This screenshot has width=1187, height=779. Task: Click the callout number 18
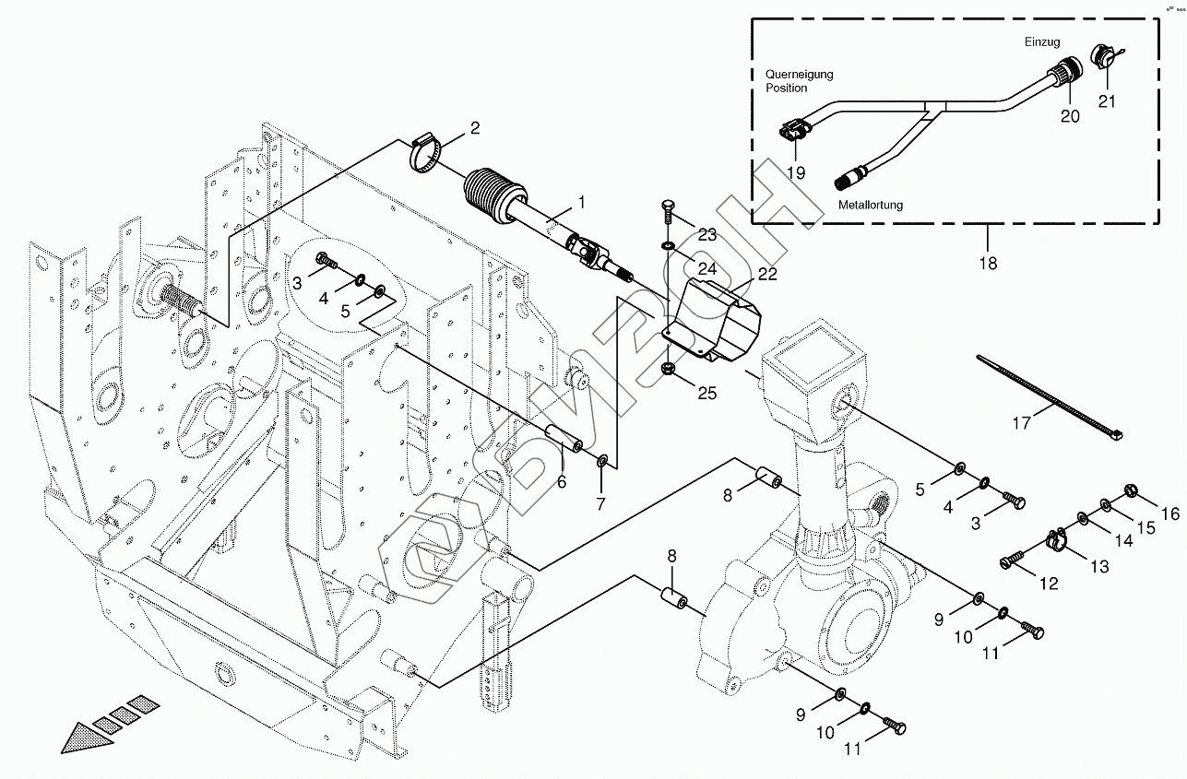988,263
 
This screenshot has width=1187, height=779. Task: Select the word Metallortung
872,205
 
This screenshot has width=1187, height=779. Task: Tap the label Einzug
1042,42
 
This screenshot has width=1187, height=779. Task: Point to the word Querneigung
800,74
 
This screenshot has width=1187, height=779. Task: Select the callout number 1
581,200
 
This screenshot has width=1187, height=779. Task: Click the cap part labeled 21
1102,56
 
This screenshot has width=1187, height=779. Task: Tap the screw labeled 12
1014,559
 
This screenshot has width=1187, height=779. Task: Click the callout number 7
600,503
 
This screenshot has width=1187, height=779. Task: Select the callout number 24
706,269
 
